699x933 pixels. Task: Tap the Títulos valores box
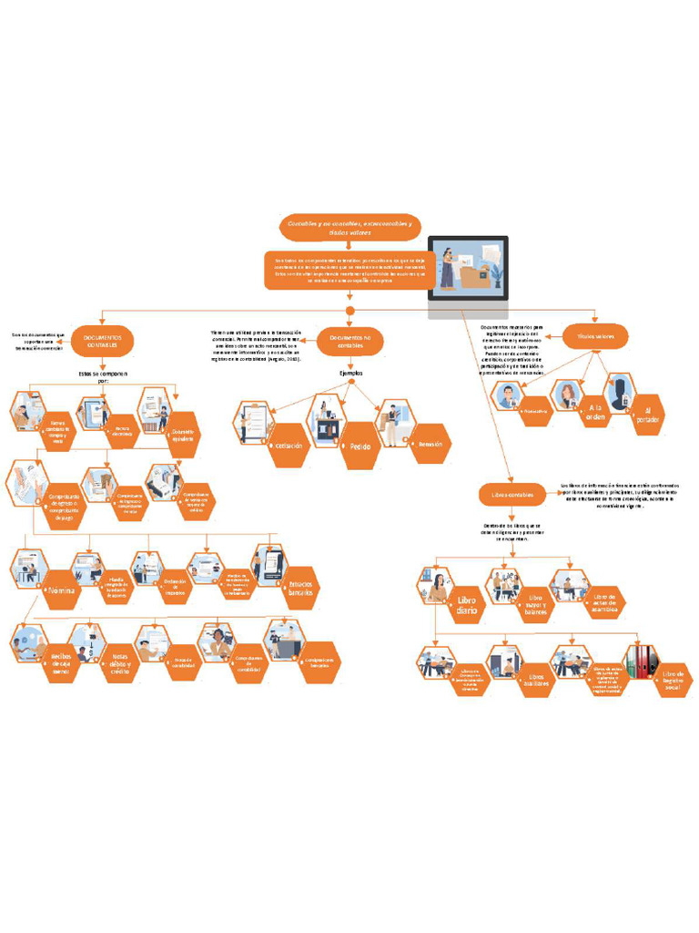(595, 337)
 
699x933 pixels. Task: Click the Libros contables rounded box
(512, 494)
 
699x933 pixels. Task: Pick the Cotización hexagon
(289, 446)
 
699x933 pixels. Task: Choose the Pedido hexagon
(360, 448)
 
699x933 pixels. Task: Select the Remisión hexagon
(430, 444)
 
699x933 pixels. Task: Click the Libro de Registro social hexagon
(673, 679)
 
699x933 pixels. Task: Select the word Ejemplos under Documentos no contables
(350, 374)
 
